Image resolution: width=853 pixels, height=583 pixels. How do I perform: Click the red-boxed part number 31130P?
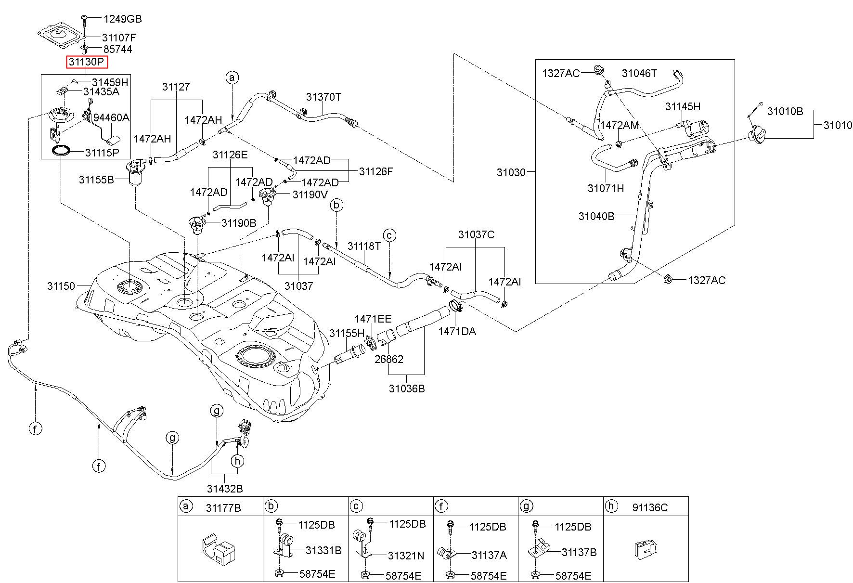click(x=87, y=62)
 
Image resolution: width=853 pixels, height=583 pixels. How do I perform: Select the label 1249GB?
click(x=122, y=19)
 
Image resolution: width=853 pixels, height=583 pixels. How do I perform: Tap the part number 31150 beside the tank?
click(x=61, y=286)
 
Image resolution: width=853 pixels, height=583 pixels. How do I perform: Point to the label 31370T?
click(x=323, y=97)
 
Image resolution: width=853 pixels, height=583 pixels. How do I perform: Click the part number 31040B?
click(x=596, y=216)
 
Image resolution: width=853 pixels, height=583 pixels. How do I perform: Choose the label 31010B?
click(x=785, y=112)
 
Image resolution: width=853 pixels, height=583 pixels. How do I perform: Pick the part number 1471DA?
click(x=457, y=331)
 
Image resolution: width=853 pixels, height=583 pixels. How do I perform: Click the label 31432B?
click(x=225, y=489)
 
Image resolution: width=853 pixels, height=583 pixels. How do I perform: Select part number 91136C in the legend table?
click(x=650, y=507)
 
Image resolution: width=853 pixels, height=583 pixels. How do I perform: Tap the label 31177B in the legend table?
click(x=224, y=507)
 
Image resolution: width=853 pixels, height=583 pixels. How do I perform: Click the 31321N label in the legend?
click(x=406, y=556)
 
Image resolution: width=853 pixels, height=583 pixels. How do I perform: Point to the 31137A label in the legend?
click(x=489, y=555)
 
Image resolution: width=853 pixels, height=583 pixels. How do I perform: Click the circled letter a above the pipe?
click(x=232, y=78)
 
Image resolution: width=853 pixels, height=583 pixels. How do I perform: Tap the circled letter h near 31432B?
click(x=237, y=461)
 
